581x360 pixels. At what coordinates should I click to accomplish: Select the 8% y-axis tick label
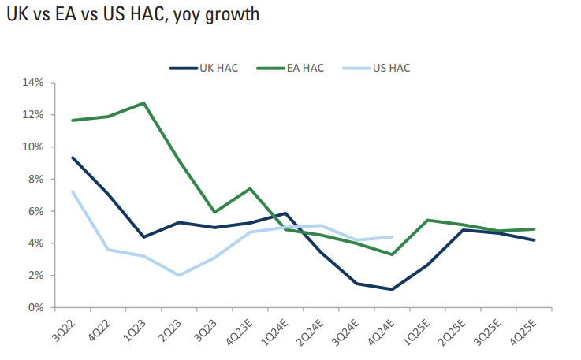pyautogui.click(x=35, y=180)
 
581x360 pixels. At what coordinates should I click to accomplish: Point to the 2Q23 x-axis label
pyautogui.click(x=171, y=328)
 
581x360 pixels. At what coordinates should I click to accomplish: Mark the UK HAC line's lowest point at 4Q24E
pyautogui.click(x=392, y=289)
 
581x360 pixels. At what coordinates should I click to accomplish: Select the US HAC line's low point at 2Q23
pyautogui.click(x=180, y=275)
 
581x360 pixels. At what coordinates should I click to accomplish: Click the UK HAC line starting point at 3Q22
pyautogui.click(x=73, y=158)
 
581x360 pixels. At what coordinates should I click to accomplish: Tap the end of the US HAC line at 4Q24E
pyautogui.click(x=392, y=236)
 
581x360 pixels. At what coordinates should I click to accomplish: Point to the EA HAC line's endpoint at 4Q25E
pyautogui.click(x=534, y=229)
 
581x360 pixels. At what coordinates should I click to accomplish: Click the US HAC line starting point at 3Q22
pyautogui.click(x=73, y=191)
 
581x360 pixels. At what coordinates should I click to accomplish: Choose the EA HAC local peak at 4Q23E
pyautogui.click(x=250, y=188)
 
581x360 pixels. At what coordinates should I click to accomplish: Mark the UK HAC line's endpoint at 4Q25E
pyautogui.click(x=534, y=240)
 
